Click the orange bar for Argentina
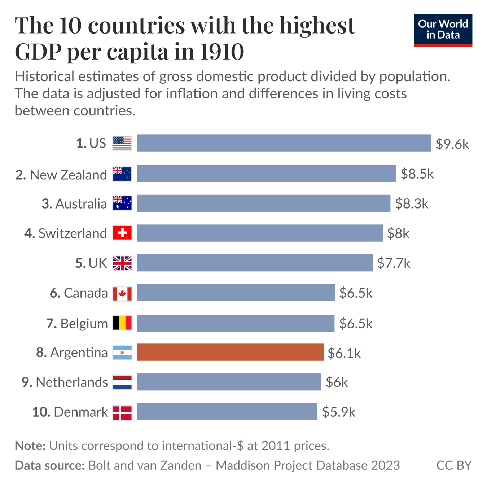coord(230,352)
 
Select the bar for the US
coord(284,143)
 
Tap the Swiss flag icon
coord(122,233)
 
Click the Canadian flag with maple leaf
coord(122,294)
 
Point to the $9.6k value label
coord(452,144)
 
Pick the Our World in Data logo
coord(443,30)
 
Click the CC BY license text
coord(453,465)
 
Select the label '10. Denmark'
coord(70,412)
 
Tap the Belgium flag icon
coord(122,323)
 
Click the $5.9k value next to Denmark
coord(338,412)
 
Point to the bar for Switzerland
coord(260,233)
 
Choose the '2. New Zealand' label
coord(61,175)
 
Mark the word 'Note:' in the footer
coord(30,446)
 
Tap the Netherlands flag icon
coord(122,382)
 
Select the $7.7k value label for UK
coord(394,263)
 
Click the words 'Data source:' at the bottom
coord(49,465)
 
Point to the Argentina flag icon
coord(122,352)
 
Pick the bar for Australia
coord(263,203)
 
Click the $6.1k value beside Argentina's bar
coord(344,353)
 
